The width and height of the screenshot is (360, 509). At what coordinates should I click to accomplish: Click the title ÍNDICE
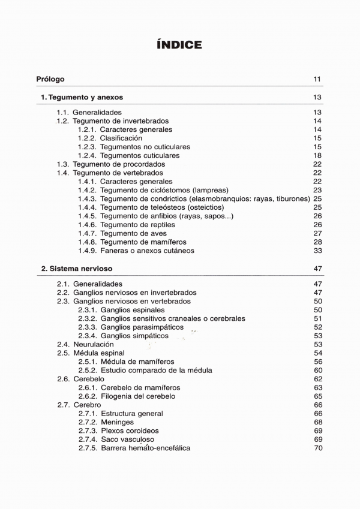(179, 45)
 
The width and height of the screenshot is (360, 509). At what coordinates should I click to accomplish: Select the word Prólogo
(50, 79)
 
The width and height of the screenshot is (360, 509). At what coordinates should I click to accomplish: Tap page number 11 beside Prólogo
(317, 79)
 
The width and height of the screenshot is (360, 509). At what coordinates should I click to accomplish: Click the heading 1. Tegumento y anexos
(82, 97)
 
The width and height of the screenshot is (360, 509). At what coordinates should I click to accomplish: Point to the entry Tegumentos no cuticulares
(145, 147)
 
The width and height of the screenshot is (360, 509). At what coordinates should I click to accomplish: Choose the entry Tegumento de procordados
(119, 164)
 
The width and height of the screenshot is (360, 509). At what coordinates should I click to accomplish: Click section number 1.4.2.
(87, 190)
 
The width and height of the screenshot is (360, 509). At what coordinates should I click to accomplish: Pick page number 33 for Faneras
(318, 251)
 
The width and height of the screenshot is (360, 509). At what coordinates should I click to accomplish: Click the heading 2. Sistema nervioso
(77, 269)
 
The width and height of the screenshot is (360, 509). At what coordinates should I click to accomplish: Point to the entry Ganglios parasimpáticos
(142, 327)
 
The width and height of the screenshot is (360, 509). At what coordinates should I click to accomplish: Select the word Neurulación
(94, 345)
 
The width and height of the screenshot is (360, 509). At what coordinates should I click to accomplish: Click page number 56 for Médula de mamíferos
(318, 362)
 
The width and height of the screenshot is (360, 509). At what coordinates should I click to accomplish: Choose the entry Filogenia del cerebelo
(138, 396)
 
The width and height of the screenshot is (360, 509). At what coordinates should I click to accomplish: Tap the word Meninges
(118, 422)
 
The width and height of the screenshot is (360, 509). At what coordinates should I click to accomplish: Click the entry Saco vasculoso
(128, 439)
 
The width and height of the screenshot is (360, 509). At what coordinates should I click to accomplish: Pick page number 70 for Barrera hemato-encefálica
(318, 448)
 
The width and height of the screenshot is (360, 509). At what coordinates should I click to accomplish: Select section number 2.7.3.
(88, 431)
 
